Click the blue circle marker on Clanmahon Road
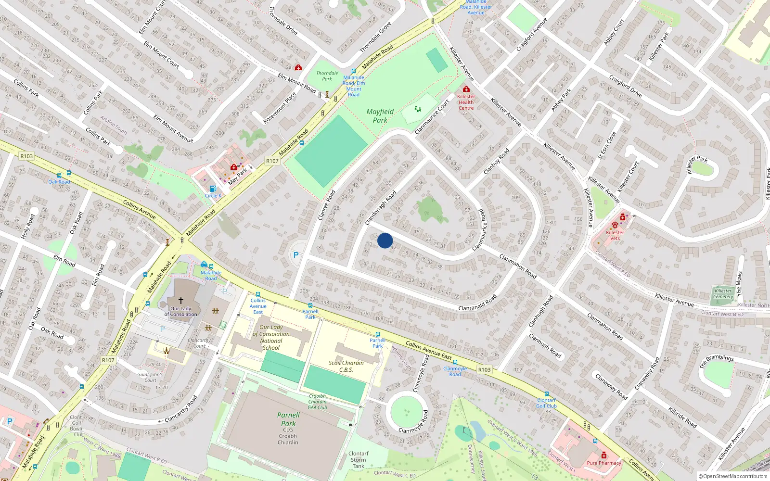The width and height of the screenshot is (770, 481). [385, 240]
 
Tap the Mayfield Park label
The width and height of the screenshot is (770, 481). [380, 116]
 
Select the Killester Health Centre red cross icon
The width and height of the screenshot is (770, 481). [466, 89]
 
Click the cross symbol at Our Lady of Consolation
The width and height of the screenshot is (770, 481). [181, 300]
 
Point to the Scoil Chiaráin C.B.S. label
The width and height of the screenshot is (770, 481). [346, 367]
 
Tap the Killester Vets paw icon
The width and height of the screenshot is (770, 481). [615, 225]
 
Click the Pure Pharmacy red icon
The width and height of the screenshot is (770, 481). [604, 456]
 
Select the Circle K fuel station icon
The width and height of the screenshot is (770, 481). [213, 189]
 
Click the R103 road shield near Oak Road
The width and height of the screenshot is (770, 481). [26, 156]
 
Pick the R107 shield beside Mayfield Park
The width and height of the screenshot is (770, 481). [272, 161]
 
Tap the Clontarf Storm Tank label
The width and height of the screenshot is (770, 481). [359, 460]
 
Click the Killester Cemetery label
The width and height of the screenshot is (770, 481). [723, 293]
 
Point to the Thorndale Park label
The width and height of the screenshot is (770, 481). [327, 76]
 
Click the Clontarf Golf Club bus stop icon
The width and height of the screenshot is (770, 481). [547, 394]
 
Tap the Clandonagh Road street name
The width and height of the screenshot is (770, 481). [381, 208]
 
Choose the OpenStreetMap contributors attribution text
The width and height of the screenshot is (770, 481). [732, 477]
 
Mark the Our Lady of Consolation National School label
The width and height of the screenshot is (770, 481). [271, 337]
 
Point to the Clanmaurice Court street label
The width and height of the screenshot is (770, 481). [432, 117]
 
